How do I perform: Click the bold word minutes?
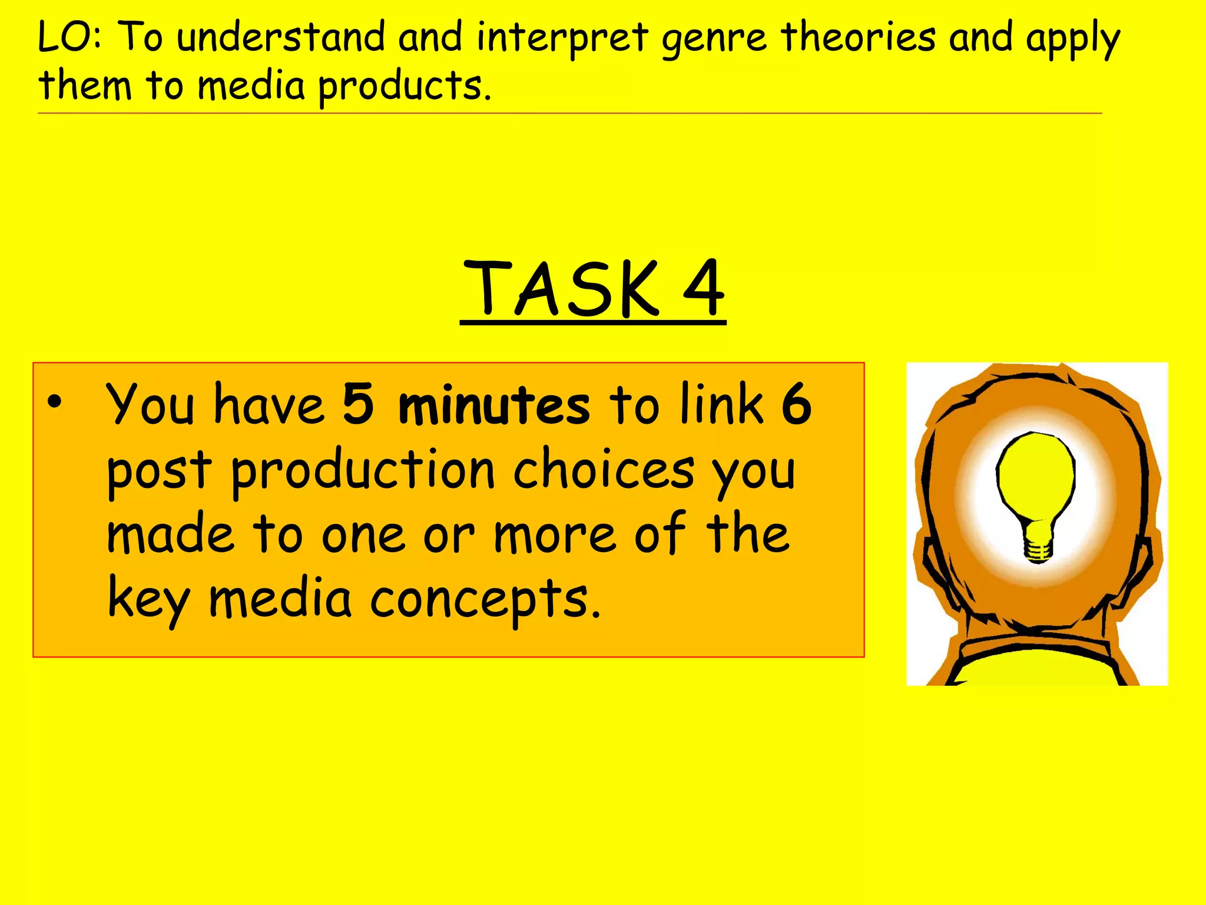493,405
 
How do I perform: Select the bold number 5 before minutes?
358,404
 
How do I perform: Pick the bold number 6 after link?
796,404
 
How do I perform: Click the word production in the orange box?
363,471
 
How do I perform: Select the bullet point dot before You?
55,402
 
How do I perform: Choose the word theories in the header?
858,37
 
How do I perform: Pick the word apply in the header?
1073,39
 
